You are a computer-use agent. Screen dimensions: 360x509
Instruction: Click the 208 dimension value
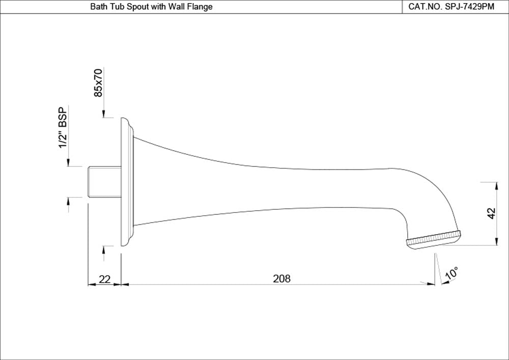pos(281,279)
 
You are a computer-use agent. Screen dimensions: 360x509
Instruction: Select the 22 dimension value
pos(104,279)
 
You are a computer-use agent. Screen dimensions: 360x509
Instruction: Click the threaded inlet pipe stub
pos(104,182)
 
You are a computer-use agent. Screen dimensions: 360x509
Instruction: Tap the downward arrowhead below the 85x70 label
pos(103,115)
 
